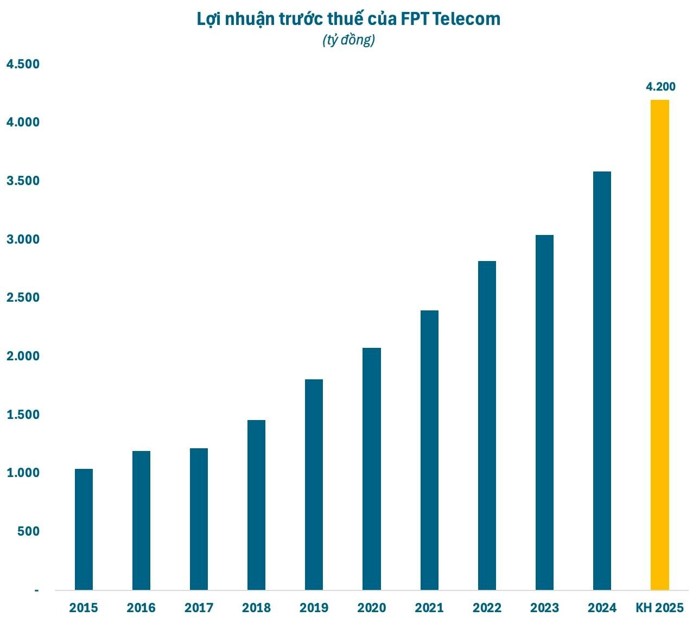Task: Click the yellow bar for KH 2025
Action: (659, 345)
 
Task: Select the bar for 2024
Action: (602, 381)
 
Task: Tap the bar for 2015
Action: (84, 530)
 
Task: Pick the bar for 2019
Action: (314, 485)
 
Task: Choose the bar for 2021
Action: (429, 450)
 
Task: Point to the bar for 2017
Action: (199, 519)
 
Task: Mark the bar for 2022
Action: (487, 425)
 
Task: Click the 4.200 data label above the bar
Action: (660, 87)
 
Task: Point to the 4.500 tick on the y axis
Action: (23, 64)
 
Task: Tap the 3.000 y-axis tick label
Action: (23, 239)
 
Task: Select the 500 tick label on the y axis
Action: (28, 531)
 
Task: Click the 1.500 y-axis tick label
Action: (23, 415)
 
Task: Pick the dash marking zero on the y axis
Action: (36, 590)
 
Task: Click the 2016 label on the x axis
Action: (141, 608)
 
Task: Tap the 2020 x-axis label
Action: (372, 608)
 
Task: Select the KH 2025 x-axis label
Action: (660, 608)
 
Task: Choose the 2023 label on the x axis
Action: (544, 608)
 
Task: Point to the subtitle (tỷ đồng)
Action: (349, 40)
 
